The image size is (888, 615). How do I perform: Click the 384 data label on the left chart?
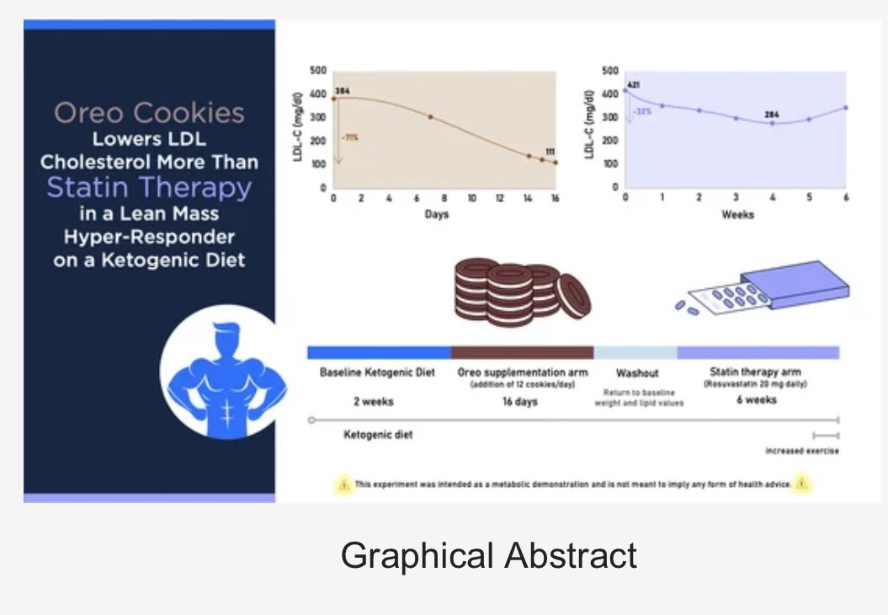tap(342, 90)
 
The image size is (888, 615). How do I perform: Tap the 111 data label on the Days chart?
tap(550, 152)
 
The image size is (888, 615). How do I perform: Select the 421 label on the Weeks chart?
tap(634, 85)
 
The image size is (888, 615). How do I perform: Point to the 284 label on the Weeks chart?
tap(772, 114)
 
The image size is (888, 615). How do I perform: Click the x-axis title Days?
tap(436, 214)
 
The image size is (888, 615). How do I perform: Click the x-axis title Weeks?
tap(737, 214)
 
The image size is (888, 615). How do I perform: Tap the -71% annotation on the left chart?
tap(349, 136)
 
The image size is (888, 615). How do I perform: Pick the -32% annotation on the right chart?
tap(642, 110)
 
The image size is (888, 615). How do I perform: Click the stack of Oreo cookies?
tap(520, 291)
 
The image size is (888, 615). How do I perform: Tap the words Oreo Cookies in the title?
tap(150, 113)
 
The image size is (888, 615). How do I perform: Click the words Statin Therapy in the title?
tap(149, 186)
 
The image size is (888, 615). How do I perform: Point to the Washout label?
tap(637, 372)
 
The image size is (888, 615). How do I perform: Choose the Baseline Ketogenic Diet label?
tap(377, 372)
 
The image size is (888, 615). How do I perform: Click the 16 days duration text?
tap(520, 401)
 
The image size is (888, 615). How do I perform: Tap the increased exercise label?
tap(801, 451)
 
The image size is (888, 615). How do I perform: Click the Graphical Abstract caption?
tap(488, 556)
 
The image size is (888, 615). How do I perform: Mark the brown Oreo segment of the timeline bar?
tap(522, 352)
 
